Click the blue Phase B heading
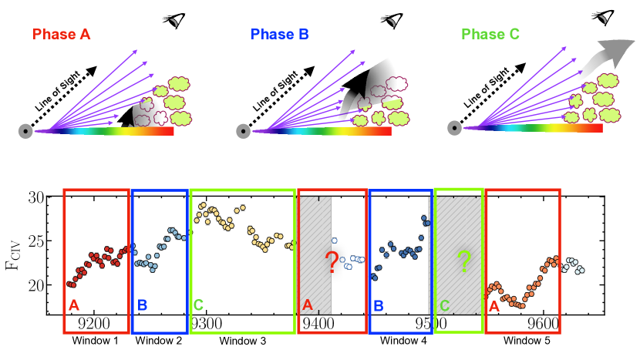(279, 35)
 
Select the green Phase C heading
(489, 35)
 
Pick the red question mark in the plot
(332, 262)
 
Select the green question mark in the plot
(463, 262)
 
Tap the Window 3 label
(242, 340)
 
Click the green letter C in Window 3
(198, 306)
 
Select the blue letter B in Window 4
(378, 306)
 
